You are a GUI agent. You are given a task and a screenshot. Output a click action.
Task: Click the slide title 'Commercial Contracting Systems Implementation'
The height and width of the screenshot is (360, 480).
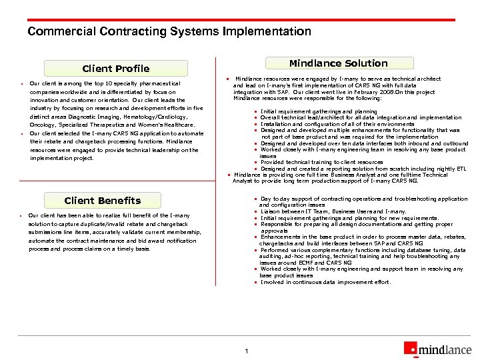169,31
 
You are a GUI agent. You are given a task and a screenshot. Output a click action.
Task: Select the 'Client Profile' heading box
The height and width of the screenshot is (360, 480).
115,69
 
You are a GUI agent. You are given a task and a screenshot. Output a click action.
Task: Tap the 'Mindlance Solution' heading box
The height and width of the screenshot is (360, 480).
338,63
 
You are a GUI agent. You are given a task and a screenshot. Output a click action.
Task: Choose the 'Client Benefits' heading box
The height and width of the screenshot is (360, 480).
102,201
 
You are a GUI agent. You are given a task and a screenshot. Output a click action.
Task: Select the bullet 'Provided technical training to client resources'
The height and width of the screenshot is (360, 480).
321,163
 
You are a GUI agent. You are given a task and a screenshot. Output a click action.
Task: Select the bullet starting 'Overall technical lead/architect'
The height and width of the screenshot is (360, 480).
351,118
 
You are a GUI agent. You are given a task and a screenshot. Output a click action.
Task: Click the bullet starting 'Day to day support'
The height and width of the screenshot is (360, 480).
363,199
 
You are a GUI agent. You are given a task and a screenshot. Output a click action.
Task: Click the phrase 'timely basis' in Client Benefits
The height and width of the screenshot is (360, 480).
134,249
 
